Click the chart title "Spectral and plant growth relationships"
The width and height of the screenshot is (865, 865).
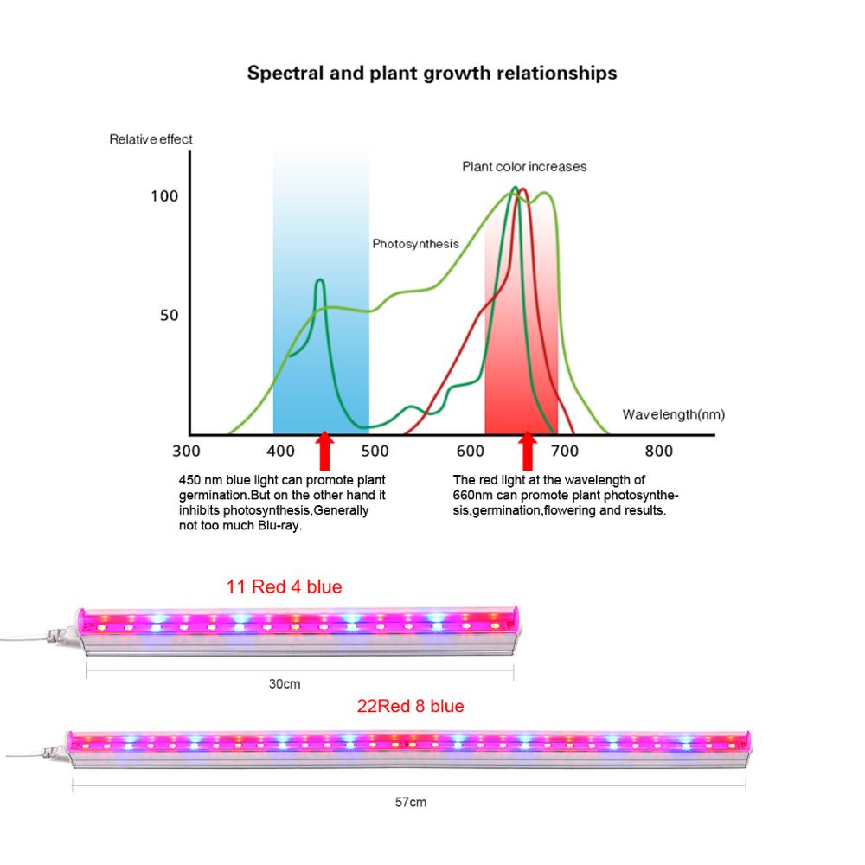pos(432,73)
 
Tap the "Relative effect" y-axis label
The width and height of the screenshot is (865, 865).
pos(151,138)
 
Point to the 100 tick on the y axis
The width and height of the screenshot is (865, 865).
pos(163,196)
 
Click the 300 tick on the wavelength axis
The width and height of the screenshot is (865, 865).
pos(186,451)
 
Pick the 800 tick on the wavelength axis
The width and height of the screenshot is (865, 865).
pos(659,451)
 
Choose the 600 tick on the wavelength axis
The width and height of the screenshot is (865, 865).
pos(470,451)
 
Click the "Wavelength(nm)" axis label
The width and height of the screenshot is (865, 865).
pos(673,414)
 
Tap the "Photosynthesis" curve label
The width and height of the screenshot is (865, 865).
pos(415,244)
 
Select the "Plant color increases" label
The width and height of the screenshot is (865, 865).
pos(524,166)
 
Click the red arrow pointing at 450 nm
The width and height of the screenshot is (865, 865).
pos(325,451)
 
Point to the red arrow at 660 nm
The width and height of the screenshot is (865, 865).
pos(527,451)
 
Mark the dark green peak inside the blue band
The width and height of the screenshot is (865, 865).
pos(320,281)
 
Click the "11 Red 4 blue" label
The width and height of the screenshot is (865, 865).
pos(284,587)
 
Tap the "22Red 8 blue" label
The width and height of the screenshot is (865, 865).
pos(410,706)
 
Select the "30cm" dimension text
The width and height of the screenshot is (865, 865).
pos(285,683)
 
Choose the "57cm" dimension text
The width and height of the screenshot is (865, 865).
pos(411,802)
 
